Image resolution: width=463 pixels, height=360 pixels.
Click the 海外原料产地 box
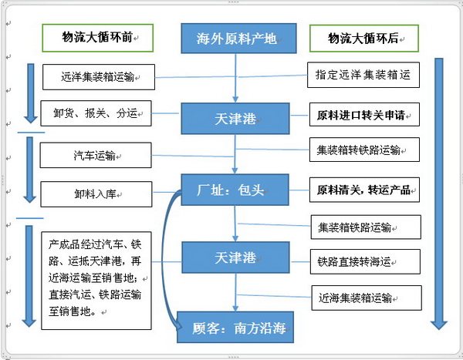click(238, 38)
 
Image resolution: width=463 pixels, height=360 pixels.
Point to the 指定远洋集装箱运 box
click(363, 76)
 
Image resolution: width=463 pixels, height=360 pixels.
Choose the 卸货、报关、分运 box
click(95, 113)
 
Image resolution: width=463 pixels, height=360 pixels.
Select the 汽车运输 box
click(94, 156)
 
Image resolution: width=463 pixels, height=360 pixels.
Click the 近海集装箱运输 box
click(366, 298)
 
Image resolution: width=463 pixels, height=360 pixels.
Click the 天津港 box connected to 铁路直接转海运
click(234, 257)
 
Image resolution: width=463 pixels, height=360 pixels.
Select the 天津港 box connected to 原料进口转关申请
click(234, 119)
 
